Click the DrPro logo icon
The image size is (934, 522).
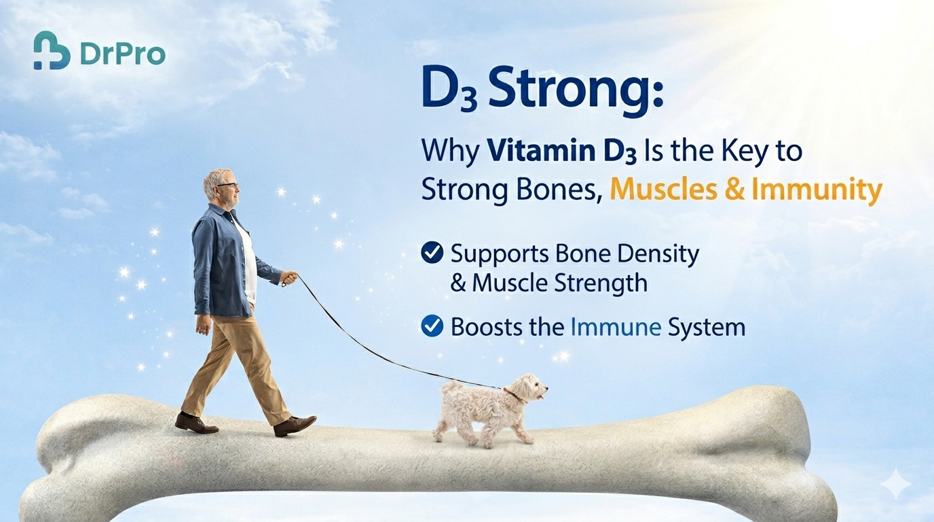pyautogui.click(x=52, y=50)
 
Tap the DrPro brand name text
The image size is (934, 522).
pyautogui.click(x=122, y=54)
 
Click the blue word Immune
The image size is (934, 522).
pyautogui.click(x=616, y=327)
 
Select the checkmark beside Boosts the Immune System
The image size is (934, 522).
pyautogui.click(x=432, y=327)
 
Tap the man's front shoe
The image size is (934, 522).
pyautogui.click(x=295, y=425)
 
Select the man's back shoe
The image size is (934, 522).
pyautogui.click(x=195, y=423)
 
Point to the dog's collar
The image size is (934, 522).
pyautogui.click(x=514, y=394)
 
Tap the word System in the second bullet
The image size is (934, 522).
pyautogui.click(x=707, y=327)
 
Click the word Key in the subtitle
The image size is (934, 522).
pyautogui.click(x=739, y=151)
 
